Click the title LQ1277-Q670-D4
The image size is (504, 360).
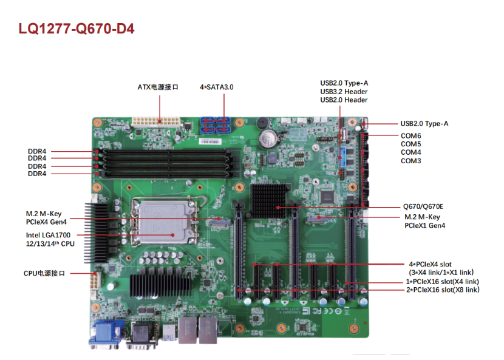(77, 29)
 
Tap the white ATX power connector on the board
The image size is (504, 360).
(155, 122)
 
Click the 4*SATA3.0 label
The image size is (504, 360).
(217, 87)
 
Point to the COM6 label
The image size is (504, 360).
(410, 136)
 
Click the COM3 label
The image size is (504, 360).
(410, 161)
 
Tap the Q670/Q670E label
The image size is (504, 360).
(423, 206)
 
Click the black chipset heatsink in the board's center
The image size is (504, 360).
(268, 201)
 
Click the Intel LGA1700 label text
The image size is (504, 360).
(48, 235)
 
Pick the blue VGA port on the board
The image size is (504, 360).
(107, 333)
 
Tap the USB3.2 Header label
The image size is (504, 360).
(344, 92)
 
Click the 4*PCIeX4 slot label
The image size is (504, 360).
(430, 264)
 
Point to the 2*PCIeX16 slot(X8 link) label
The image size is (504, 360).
(443, 290)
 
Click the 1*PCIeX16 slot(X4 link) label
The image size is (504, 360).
(442, 282)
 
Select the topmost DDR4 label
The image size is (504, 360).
(37, 151)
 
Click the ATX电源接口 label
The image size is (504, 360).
(157, 87)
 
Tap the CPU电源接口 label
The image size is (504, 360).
(44, 273)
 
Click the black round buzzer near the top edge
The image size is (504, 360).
(261, 123)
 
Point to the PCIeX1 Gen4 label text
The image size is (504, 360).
(424, 226)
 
